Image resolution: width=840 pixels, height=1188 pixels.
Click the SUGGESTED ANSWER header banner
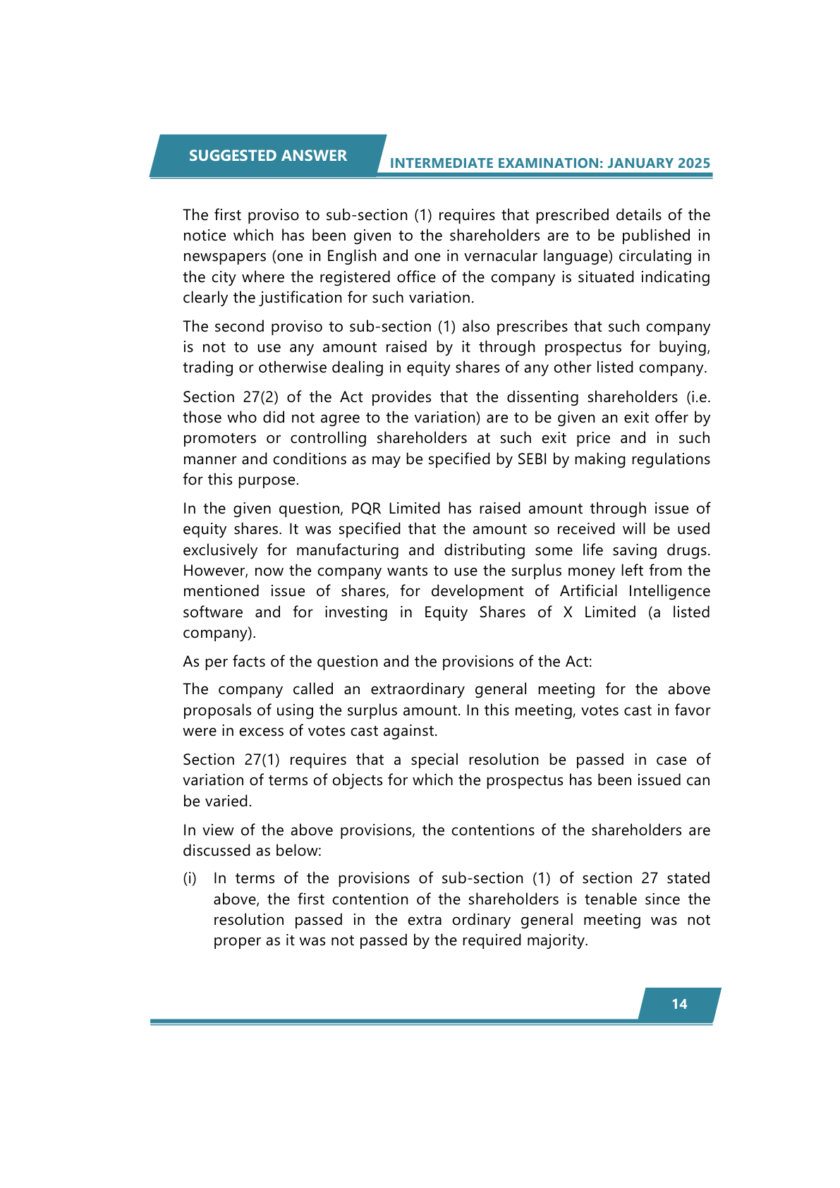(267, 156)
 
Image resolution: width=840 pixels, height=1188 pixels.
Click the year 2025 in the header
(693, 164)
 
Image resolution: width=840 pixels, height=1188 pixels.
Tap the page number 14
(679, 1004)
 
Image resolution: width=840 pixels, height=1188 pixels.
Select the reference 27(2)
(261, 397)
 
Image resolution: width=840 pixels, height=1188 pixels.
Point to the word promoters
(221, 439)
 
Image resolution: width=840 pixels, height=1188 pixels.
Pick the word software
(213, 612)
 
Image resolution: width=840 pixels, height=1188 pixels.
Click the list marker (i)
(190, 878)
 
